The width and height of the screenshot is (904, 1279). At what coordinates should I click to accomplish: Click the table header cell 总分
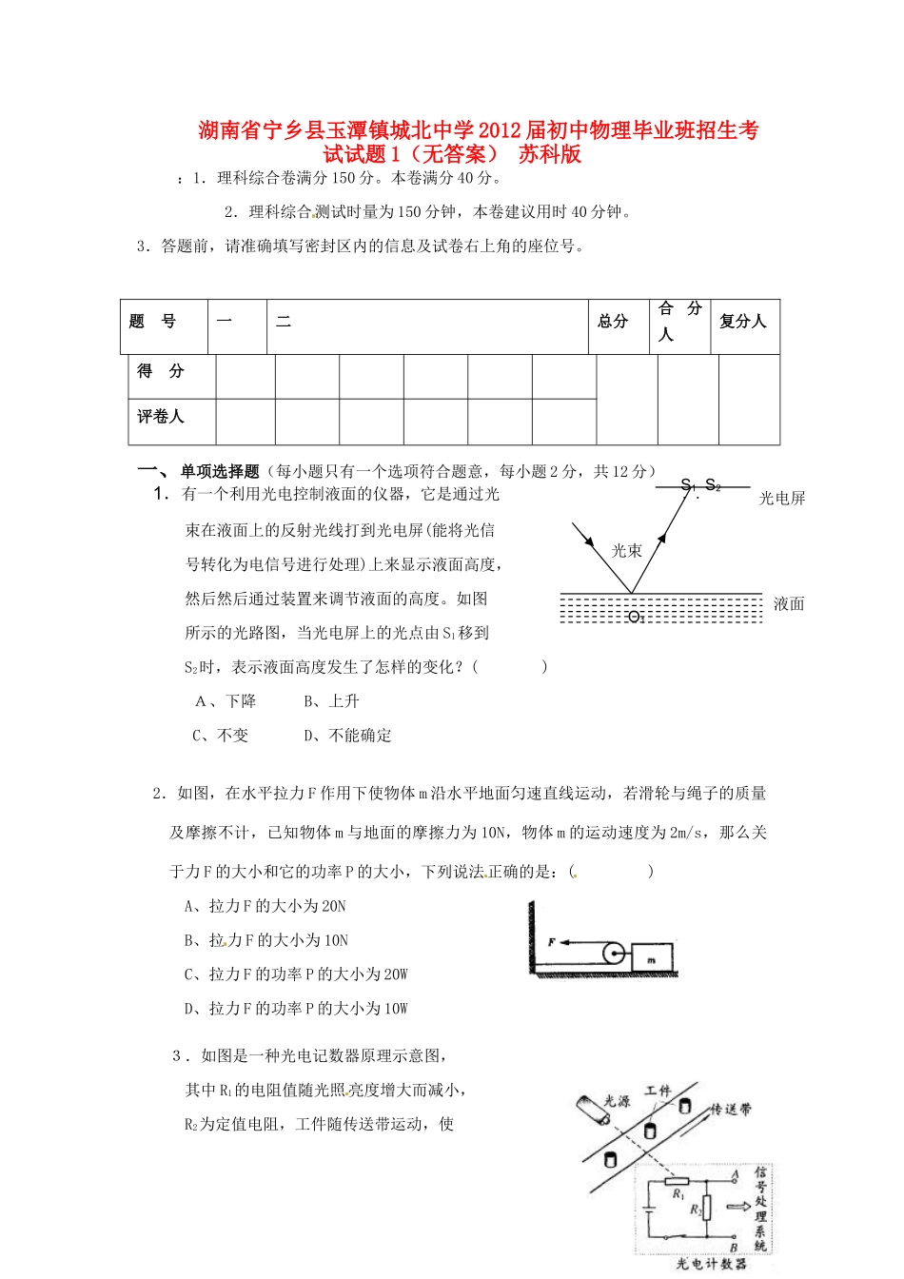(x=613, y=322)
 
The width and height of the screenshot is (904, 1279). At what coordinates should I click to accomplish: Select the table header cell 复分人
(x=743, y=322)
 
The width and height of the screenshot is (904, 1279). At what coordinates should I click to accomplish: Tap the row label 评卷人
(x=160, y=417)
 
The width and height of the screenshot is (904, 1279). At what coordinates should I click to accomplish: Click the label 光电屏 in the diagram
(x=782, y=499)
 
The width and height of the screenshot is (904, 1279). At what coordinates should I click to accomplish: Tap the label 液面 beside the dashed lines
(x=789, y=603)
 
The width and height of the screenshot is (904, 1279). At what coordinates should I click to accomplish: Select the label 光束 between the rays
(x=626, y=550)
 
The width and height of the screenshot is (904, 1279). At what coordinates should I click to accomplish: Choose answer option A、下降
(x=226, y=701)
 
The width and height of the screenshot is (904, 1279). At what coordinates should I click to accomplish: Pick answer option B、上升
(x=332, y=701)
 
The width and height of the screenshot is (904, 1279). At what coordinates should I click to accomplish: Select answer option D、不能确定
(x=347, y=736)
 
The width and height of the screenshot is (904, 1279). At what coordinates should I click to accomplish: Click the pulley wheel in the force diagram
(x=614, y=953)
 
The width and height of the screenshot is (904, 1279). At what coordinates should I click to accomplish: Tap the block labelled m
(x=652, y=957)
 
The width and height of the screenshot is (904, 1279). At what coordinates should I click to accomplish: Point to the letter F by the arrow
(x=551, y=942)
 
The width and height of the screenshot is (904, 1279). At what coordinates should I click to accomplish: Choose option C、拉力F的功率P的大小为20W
(x=296, y=974)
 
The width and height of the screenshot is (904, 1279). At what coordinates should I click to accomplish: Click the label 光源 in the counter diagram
(x=618, y=1101)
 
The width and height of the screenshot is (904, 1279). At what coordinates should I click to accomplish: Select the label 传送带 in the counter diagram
(x=731, y=1110)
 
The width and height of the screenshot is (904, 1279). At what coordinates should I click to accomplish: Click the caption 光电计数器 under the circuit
(x=711, y=1264)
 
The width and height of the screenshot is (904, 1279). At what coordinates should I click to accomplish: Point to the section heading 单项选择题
(x=220, y=471)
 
